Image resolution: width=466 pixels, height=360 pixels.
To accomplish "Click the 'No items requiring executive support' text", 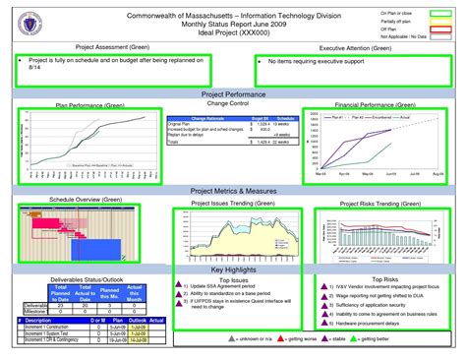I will (304, 61).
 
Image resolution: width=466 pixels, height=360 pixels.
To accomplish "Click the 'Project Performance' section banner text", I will (232, 92).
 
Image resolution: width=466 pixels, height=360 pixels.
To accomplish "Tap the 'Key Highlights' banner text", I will (232, 270).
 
